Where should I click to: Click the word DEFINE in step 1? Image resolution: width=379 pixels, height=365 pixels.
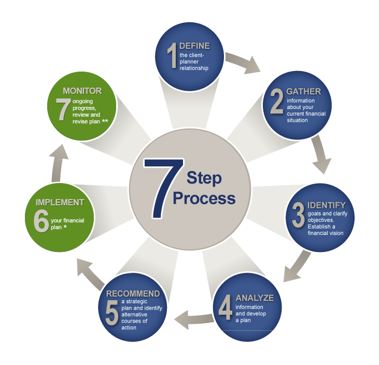point(194,46)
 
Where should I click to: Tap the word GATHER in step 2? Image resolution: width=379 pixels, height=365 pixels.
point(303,92)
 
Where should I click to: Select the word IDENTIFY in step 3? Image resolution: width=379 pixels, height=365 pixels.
point(326,205)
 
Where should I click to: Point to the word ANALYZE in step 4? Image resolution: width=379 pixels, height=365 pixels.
point(254,298)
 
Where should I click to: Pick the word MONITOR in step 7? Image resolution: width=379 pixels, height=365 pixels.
point(82,91)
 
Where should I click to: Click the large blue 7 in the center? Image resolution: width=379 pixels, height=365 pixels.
point(163,187)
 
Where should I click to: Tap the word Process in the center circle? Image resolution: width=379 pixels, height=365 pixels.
point(204,199)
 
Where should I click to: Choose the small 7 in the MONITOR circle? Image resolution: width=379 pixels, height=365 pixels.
point(64,108)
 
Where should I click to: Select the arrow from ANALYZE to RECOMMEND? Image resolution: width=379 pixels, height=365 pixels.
point(192,318)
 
